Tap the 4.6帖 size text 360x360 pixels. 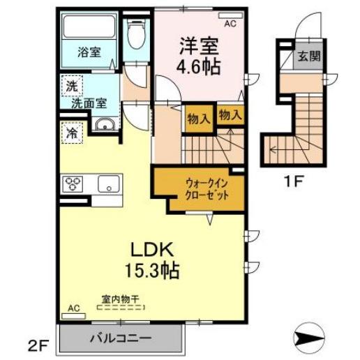coord(200,67)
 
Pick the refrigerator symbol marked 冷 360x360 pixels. coord(71,130)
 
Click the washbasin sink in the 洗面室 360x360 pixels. coord(105,126)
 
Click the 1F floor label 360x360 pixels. coord(295,184)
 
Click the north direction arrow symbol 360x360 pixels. coord(307,340)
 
